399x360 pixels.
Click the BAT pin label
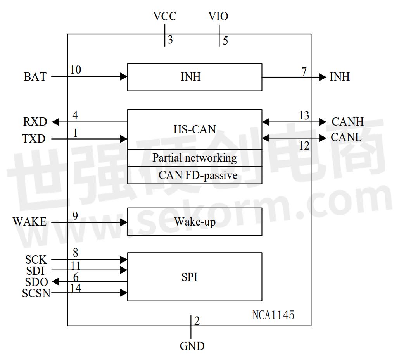click(35, 77)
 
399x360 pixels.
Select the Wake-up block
click(195, 222)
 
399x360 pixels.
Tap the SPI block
click(195, 277)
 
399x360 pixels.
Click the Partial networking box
click(195, 158)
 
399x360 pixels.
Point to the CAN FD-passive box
click(195, 175)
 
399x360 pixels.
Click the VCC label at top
click(165, 16)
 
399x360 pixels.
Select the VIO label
click(218, 16)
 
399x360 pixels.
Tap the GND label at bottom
click(192, 346)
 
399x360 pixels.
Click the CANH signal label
click(347, 122)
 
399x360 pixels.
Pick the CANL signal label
click(346, 137)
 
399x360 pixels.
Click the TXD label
click(34, 139)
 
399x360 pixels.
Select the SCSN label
click(36, 293)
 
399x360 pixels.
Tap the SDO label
click(36, 282)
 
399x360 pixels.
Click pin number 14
click(76, 288)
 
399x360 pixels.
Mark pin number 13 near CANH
click(304, 115)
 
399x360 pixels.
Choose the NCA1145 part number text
click(273, 315)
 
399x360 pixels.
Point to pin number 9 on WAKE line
click(75, 215)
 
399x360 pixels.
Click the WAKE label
click(29, 222)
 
